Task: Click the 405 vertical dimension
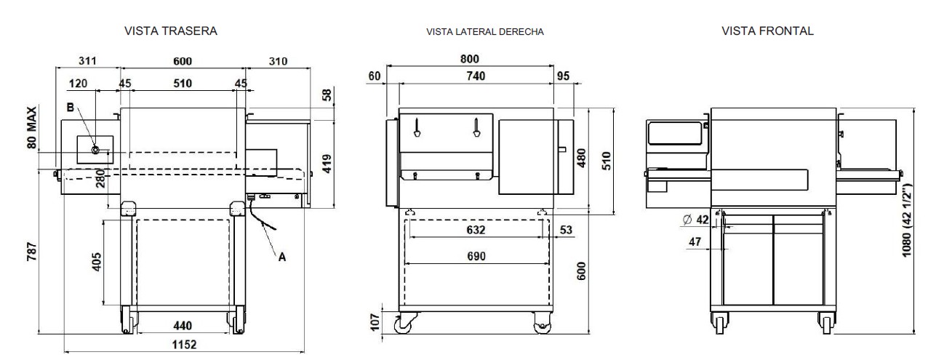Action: point(97,260)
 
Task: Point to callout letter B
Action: point(69,108)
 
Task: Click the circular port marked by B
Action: point(95,151)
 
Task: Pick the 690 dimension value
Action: point(476,256)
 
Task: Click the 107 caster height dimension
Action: point(376,321)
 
